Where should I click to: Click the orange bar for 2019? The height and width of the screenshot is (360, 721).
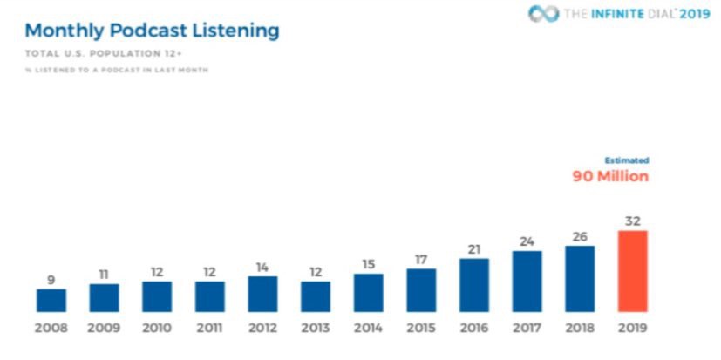[x=632, y=271]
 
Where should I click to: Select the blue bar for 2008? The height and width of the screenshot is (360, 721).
[x=51, y=300]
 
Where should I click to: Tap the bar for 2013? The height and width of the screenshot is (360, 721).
[x=316, y=296]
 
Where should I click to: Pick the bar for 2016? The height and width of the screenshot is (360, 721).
[x=474, y=285]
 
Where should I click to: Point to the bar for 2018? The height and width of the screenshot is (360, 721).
[x=580, y=279]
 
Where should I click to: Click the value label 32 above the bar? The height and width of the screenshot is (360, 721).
[x=632, y=221]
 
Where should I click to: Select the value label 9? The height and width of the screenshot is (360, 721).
[x=51, y=281]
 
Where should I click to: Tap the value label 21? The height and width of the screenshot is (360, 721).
[x=474, y=249]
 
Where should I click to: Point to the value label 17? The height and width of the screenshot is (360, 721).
[x=421, y=260]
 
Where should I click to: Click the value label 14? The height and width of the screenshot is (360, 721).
[x=262, y=268]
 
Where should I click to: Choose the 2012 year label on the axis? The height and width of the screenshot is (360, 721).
[x=262, y=330]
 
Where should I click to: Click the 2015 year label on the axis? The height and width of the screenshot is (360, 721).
[x=421, y=330]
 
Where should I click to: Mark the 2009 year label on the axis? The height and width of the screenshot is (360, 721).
[x=104, y=330]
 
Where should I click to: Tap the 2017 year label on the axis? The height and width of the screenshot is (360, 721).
[x=527, y=330]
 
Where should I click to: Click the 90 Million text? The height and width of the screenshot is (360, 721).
[x=610, y=176]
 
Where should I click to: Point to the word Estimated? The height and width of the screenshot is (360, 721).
[x=628, y=160]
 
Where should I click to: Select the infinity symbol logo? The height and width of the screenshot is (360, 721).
[x=542, y=14]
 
